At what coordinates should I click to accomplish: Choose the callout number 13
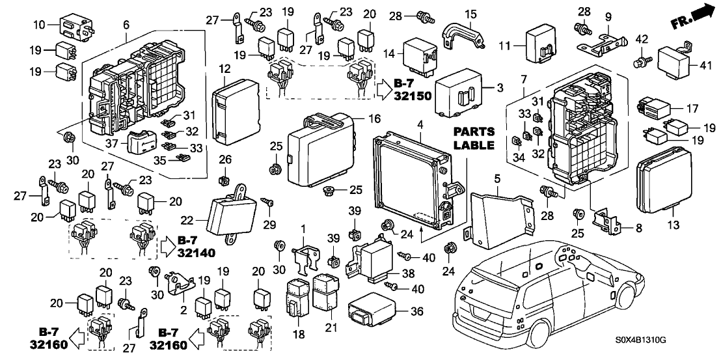coord(673,225)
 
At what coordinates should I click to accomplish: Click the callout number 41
coord(704,64)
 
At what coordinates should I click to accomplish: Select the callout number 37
coord(113,143)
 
